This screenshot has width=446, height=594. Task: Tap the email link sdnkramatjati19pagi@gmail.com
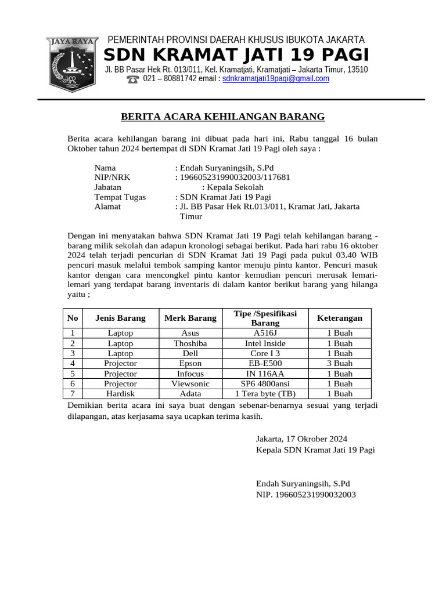pos(276,79)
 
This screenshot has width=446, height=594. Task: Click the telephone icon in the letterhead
pos(133,79)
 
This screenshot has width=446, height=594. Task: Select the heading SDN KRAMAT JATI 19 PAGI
pos(236,55)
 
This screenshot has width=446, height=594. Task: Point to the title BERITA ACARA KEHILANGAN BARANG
pos(222,117)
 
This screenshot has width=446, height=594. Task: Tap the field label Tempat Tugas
pos(120,197)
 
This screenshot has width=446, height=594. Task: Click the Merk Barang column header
pos(190,318)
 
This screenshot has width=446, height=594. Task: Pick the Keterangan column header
pos(339,318)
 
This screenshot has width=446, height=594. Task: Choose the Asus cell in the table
pos(190,333)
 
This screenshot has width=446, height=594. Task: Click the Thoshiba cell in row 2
pos(190,343)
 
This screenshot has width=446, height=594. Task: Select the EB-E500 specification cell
pos(265,363)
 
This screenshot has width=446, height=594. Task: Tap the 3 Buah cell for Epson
pos(339,363)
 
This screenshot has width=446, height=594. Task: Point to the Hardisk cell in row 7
pos(120,393)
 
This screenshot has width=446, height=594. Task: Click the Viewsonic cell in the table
pos(190,383)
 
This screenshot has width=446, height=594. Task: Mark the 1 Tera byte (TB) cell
pos(265,393)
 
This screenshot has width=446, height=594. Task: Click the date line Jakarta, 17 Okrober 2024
pos(301,439)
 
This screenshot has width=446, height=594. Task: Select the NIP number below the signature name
pos(305,495)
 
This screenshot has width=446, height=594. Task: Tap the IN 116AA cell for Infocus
pos(265,374)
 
